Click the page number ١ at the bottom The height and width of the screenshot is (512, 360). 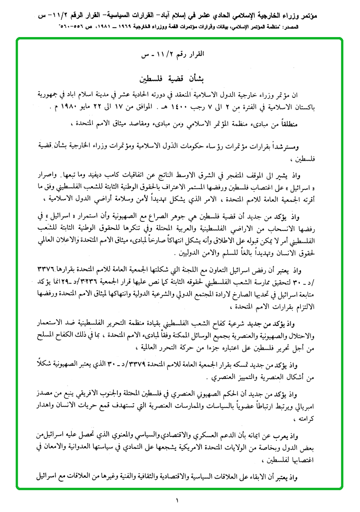point(177,499)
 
